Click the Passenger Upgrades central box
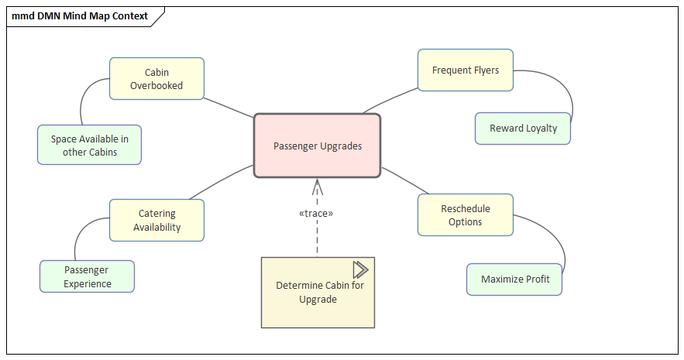coord(318,146)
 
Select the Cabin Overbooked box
coord(156,78)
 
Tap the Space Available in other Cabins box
coord(90,145)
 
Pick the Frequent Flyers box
coord(466,70)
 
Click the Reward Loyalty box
coord(523,129)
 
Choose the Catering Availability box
coord(156,220)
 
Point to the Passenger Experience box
coord(87,276)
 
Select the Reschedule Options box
coord(466,214)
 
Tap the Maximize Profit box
coord(514,279)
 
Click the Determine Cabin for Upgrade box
coord(318,293)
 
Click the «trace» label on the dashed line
coord(316,213)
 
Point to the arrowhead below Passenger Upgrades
coord(317,186)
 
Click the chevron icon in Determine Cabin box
coord(360,269)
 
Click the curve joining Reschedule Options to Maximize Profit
coord(559,240)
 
